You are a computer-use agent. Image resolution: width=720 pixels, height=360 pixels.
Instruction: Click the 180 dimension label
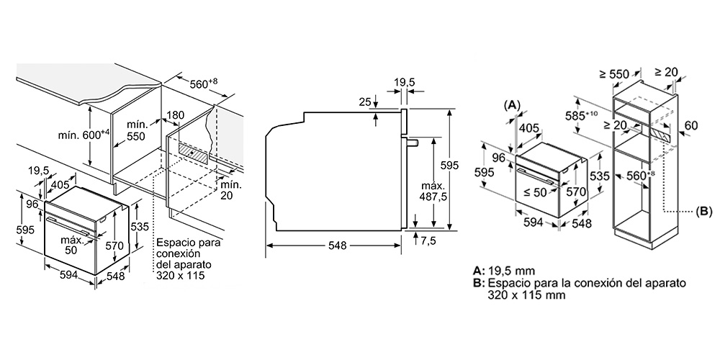click(176, 114)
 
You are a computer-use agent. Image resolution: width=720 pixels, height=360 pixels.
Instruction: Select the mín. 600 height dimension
click(84, 135)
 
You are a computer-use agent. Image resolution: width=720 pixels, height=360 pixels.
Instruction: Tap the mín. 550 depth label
click(137, 130)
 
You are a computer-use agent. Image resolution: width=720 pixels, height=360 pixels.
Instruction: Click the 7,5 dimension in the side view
click(428, 241)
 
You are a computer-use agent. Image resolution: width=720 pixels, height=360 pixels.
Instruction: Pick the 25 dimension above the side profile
click(365, 102)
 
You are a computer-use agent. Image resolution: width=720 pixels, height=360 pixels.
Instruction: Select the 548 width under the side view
click(338, 246)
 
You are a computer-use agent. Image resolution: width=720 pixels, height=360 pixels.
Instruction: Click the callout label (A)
click(512, 104)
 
